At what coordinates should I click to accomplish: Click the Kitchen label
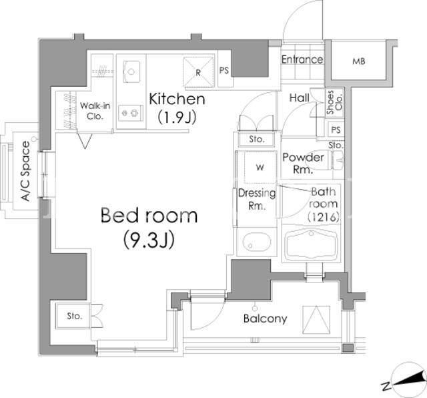pyautogui.click(x=177, y=99)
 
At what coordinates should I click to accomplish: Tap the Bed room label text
pyautogui.click(x=149, y=215)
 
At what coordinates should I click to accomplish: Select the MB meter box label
pyautogui.click(x=359, y=61)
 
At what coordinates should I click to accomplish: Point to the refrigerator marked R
pyautogui.click(x=198, y=71)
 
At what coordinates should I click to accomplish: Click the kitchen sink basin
pyautogui.click(x=131, y=71)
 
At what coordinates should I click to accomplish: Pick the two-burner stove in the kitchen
pyautogui.click(x=131, y=113)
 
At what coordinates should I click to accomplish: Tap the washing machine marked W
pyautogui.click(x=261, y=168)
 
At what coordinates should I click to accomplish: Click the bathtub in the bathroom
pyautogui.click(x=312, y=244)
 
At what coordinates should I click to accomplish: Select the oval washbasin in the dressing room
pyautogui.click(x=257, y=242)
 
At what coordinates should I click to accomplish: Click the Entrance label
pyautogui.click(x=302, y=59)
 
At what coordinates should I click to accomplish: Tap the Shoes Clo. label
pyautogui.click(x=334, y=102)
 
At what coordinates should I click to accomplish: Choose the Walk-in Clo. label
pyautogui.click(x=95, y=111)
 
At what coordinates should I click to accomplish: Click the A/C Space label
pyautogui.click(x=26, y=171)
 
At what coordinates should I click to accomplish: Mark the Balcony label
pyautogui.click(x=266, y=319)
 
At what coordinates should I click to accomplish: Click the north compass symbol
pyautogui.click(x=408, y=380)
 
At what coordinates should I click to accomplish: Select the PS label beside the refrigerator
pyautogui.click(x=224, y=71)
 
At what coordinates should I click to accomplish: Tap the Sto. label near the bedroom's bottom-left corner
pyautogui.click(x=74, y=317)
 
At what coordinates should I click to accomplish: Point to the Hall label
pyautogui.click(x=300, y=98)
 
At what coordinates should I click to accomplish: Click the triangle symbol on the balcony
pyautogui.click(x=316, y=320)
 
